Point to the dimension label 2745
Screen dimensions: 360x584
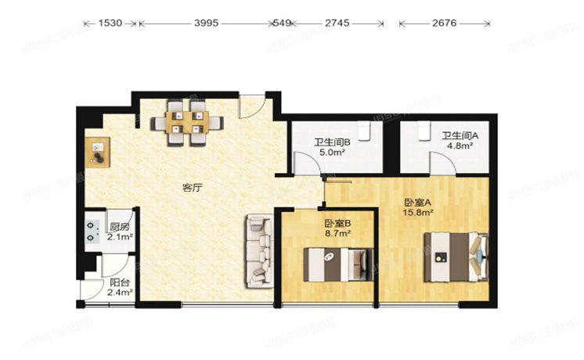tap(337, 24)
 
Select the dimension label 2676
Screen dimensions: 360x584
tap(445, 24)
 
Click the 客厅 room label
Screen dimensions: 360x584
tap(193, 187)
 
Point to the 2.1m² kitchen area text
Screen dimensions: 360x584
tap(120, 236)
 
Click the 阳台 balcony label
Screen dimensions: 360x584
tap(120, 282)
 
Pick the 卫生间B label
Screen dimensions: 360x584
tap(331, 142)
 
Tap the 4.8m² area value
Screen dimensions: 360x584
tap(459, 145)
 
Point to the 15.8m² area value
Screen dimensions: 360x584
tap(418, 211)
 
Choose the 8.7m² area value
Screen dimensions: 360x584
tap(337, 232)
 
